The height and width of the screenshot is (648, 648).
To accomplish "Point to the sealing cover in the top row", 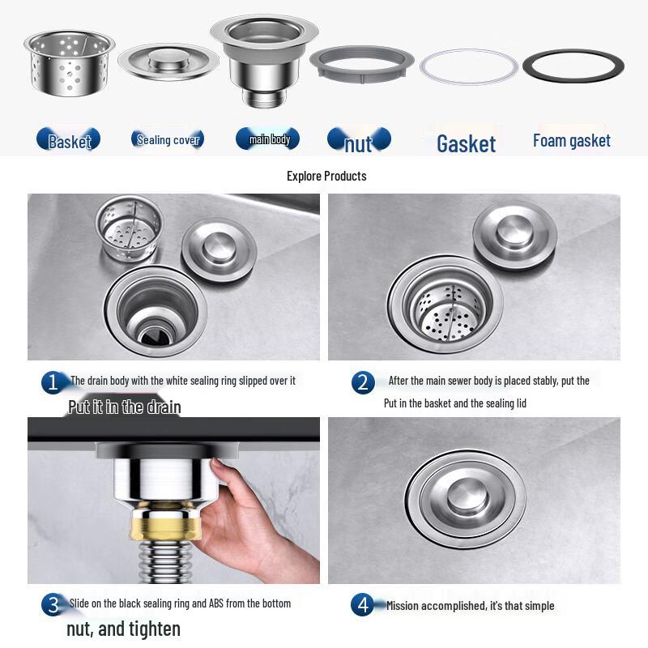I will click(x=168, y=60).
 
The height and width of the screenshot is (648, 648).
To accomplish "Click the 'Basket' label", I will click(x=69, y=141).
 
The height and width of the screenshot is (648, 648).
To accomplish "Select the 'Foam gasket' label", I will click(x=572, y=141).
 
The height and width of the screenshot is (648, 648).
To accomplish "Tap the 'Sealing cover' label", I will click(x=168, y=140).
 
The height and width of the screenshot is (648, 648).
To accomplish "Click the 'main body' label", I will click(x=269, y=139).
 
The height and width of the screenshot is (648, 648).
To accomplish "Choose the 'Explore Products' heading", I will click(x=326, y=176).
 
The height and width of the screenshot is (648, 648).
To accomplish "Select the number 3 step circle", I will click(x=53, y=604).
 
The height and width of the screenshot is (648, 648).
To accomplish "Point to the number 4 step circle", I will click(x=362, y=605).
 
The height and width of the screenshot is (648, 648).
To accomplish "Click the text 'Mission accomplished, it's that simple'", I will click(x=470, y=605).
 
